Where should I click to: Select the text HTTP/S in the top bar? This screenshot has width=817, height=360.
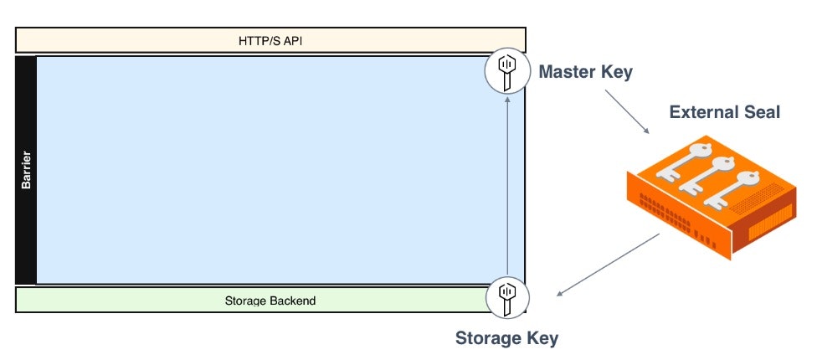(x=263, y=40)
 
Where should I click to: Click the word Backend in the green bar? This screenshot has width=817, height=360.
(x=292, y=301)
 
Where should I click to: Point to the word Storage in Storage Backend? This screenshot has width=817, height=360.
(x=246, y=301)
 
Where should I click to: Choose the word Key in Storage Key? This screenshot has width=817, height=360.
(x=542, y=339)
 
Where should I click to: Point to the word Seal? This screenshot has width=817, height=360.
(x=760, y=112)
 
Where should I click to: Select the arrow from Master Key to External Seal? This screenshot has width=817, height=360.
(x=626, y=111)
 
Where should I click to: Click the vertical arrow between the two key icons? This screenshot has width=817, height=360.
(x=507, y=184)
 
